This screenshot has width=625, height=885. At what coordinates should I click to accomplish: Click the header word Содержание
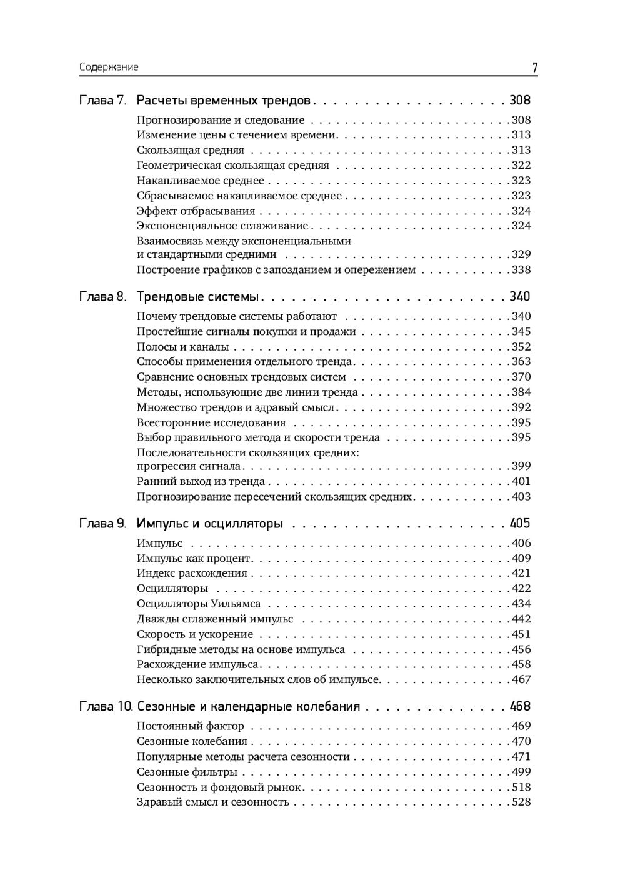(x=109, y=67)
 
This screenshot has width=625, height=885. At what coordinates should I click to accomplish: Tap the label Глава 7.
(x=103, y=100)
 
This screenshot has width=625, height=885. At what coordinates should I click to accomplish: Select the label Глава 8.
(x=103, y=296)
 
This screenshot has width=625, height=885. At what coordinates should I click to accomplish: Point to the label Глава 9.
(x=103, y=523)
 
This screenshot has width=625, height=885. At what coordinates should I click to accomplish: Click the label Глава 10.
(x=106, y=706)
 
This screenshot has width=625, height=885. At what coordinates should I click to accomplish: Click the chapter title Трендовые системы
(x=197, y=296)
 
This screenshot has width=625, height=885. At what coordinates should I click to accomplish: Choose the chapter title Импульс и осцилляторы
(x=210, y=523)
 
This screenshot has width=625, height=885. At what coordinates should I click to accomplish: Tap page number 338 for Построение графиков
(x=521, y=270)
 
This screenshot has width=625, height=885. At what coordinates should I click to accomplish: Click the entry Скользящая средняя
(x=191, y=150)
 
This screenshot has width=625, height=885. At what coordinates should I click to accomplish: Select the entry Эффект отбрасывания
(x=196, y=211)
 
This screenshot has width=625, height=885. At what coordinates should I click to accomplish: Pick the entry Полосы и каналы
(x=182, y=347)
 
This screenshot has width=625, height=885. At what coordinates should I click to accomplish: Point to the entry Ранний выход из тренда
(x=201, y=481)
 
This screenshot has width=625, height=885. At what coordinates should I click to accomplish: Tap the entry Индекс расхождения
(x=192, y=573)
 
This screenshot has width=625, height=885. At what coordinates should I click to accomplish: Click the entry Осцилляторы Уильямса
(x=199, y=604)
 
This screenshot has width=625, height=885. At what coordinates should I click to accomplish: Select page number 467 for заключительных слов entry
(x=521, y=679)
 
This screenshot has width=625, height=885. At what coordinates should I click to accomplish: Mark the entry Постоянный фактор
(x=190, y=726)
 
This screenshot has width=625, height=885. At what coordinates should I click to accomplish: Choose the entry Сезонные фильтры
(x=187, y=772)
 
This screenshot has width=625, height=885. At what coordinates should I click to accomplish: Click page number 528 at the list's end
(x=521, y=802)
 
